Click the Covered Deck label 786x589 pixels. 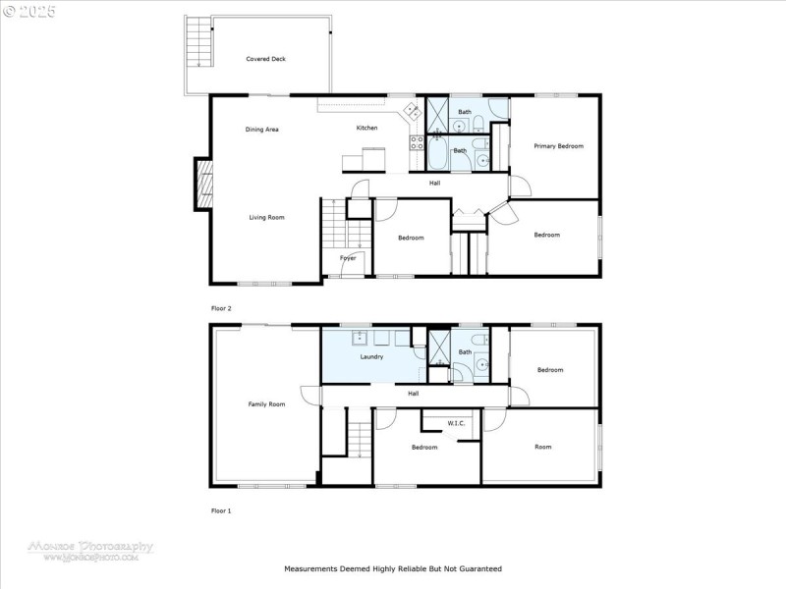pyautogui.click(x=265, y=59)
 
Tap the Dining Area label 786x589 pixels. pyautogui.click(x=262, y=130)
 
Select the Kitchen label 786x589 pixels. pyautogui.click(x=366, y=129)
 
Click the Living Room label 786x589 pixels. pyautogui.click(x=266, y=217)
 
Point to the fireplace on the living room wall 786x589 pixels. pyautogui.click(x=202, y=184)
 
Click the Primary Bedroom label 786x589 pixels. pyautogui.click(x=558, y=146)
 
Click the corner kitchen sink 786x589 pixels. pyautogui.click(x=414, y=112)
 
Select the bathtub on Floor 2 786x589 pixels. pyautogui.click(x=439, y=154)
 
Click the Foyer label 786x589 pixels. pyautogui.click(x=348, y=258)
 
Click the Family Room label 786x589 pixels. pyautogui.click(x=266, y=404)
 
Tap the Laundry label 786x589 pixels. pyautogui.click(x=371, y=356)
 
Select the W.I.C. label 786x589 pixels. pyautogui.click(x=456, y=423)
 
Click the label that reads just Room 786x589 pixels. pyautogui.click(x=542, y=447)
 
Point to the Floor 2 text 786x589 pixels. pyautogui.click(x=221, y=308)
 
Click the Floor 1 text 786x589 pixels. pyautogui.click(x=221, y=510)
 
